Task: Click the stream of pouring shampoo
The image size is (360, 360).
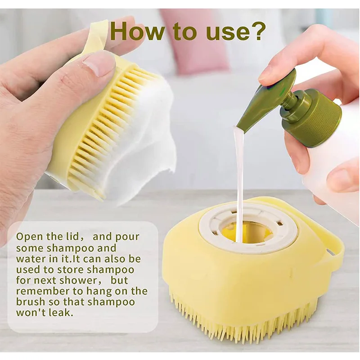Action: [238, 180]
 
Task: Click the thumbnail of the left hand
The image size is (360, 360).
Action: [100, 63]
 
